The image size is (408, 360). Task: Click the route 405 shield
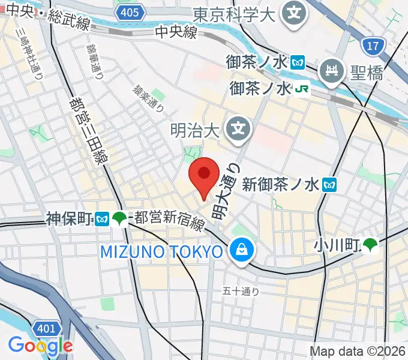pyautogui.click(x=130, y=12)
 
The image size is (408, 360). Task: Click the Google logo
pyautogui.click(x=40, y=346)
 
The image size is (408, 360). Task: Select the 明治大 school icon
pyautogui.click(x=239, y=128)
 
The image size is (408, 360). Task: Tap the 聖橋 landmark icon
pyautogui.click(x=331, y=72)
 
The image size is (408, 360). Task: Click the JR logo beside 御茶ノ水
pyautogui.click(x=302, y=89)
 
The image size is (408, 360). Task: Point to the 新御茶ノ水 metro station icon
pyautogui.click(x=329, y=185)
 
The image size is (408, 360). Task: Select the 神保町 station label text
pyautogui.click(x=70, y=218)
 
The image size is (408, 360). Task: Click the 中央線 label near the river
pyautogui.click(x=176, y=32)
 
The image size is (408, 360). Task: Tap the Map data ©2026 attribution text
pyautogui.click(x=356, y=352)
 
